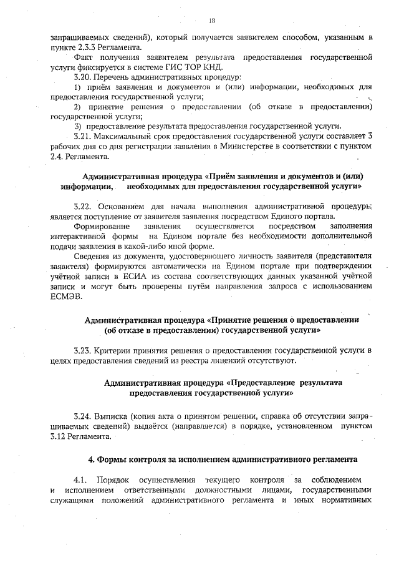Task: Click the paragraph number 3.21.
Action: pos(82,136)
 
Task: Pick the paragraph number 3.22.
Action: pos(82,205)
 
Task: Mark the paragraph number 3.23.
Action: pos(82,351)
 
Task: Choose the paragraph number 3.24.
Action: pos(82,416)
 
